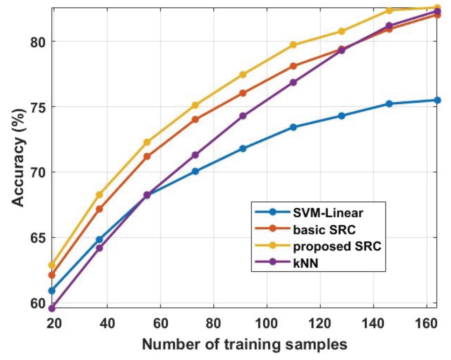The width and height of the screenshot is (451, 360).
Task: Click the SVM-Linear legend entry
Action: [x=327, y=213]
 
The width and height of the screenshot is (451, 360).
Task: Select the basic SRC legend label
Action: [x=324, y=229]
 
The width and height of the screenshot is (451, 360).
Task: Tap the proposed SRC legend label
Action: [x=337, y=246]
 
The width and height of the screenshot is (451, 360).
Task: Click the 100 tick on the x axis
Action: [x=266, y=323]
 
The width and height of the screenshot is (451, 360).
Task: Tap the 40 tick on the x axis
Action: [x=107, y=323]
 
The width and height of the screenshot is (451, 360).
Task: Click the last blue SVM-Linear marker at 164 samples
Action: [x=437, y=100]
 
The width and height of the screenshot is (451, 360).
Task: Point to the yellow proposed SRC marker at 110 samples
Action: [x=293, y=45]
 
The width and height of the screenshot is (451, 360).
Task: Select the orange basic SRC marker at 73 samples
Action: [x=195, y=119]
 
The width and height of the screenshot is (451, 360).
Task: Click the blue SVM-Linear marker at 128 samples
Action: [x=341, y=116]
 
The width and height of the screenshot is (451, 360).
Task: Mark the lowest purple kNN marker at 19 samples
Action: [x=52, y=309]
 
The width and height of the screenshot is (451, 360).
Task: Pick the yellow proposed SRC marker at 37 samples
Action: [x=99, y=195]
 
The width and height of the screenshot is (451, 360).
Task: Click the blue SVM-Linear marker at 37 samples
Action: [x=99, y=240]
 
